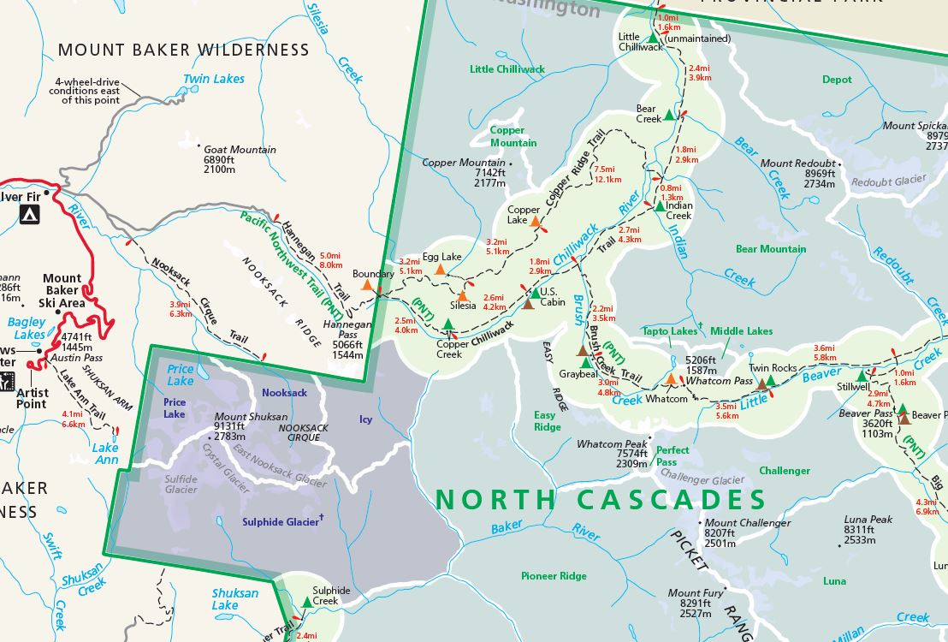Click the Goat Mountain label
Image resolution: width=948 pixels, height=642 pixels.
240,149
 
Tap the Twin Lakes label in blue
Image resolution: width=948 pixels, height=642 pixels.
213,79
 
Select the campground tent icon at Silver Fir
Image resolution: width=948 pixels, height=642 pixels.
30,214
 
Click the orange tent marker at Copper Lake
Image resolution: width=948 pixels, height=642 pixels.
536,222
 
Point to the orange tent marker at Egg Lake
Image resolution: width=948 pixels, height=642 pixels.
440,270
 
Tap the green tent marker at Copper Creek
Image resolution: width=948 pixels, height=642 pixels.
447,324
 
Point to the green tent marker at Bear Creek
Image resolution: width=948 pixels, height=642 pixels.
669,114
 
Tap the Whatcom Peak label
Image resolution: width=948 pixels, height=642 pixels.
612,444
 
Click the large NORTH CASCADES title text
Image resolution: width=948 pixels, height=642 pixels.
600,499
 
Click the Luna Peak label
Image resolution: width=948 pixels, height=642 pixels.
868,520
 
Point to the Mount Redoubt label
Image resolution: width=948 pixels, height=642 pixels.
797,163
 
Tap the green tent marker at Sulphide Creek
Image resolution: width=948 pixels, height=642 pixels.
307,603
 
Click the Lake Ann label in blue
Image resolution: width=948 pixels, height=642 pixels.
105,454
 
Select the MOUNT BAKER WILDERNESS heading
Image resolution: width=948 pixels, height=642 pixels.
183,50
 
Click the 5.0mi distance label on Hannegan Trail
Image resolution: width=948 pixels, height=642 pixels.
330,255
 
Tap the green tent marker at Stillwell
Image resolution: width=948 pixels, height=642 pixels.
862,375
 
